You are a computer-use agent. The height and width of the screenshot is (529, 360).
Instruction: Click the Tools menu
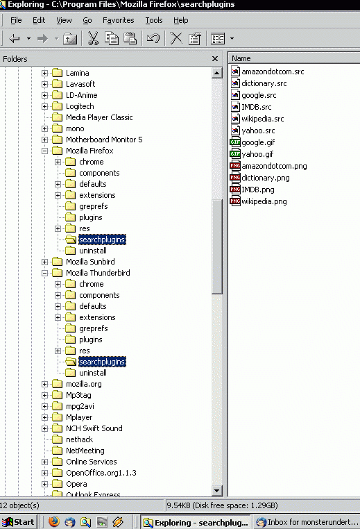pyautogui.click(x=154, y=20)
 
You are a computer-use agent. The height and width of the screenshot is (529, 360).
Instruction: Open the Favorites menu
pyautogui.click(x=119, y=20)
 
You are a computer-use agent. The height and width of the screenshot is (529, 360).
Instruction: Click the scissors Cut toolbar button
pyautogui.click(x=93, y=38)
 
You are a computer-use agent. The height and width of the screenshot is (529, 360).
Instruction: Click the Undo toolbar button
pyautogui.click(x=153, y=38)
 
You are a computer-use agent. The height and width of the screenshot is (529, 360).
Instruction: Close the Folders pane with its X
pyautogui.click(x=215, y=59)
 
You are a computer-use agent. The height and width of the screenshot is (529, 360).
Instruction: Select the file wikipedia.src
pyautogui.click(x=263, y=119)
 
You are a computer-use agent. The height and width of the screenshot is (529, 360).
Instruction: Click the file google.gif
pyautogui.click(x=258, y=142)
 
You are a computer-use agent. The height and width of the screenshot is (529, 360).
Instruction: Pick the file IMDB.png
pyautogui.click(x=258, y=190)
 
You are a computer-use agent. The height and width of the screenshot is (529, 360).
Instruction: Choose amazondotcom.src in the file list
pyautogui.click(x=273, y=72)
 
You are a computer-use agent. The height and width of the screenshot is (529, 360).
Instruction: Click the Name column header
pyautogui.click(x=294, y=58)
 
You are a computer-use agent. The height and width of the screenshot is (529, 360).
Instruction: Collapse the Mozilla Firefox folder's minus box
pyautogui.click(x=44, y=151)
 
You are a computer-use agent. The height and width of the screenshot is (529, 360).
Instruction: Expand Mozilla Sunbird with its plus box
pyautogui.click(x=44, y=262)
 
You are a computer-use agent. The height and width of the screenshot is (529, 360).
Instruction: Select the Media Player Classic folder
pyautogui.click(x=99, y=117)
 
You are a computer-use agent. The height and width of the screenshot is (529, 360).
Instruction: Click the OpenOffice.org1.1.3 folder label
pyautogui.click(x=101, y=473)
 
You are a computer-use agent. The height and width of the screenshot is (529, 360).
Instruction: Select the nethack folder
pyautogui.click(x=79, y=439)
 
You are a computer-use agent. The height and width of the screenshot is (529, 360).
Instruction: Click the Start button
pyautogui.click(x=19, y=522)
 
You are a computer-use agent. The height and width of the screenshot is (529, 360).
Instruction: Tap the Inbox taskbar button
pyautogui.click(x=307, y=522)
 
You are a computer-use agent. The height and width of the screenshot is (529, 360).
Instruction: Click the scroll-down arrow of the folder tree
pyautogui.click(x=216, y=491)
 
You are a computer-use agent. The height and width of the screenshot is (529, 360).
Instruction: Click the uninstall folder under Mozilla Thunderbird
pyautogui.click(x=93, y=373)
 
